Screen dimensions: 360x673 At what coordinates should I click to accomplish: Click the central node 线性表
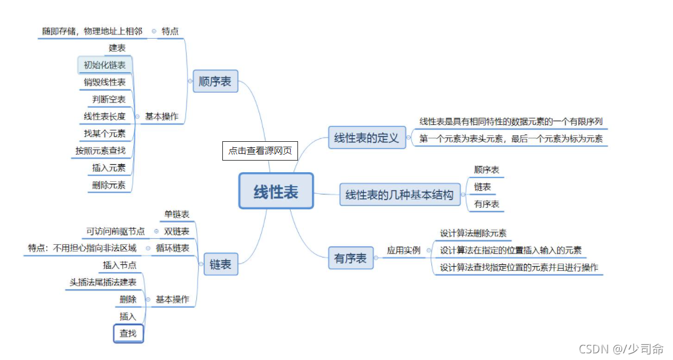(x=276, y=192)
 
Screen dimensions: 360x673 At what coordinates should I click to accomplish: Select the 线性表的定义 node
(x=366, y=138)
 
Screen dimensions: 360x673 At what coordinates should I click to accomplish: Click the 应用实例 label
(x=403, y=250)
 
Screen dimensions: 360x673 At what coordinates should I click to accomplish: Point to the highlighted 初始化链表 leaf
(x=105, y=65)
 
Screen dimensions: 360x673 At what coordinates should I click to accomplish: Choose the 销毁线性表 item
(x=105, y=82)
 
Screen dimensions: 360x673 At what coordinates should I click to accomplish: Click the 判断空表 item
(x=109, y=99)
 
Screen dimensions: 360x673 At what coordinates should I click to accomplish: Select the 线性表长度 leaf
(x=105, y=116)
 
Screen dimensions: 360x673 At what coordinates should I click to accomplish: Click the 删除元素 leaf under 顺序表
(x=109, y=185)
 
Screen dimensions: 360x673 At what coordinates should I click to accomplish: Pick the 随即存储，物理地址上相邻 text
(x=92, y=31)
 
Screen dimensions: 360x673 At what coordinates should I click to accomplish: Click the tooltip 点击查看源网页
(x=260, y=150)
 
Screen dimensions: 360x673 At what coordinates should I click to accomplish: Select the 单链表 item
(x=177, y=214)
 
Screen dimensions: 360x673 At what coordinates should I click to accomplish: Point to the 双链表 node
(x=177, y=231)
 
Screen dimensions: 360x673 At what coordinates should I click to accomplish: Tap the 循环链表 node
(x=173, y=248)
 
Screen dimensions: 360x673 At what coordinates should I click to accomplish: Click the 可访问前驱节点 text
(x=116, y=231)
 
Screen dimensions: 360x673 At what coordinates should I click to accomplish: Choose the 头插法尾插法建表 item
(x=103, y=282)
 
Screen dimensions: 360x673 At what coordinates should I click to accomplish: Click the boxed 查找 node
(x=128, y=333)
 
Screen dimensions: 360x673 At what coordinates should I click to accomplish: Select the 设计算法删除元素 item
(x=473, y=233)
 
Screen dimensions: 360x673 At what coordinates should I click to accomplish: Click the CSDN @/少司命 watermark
(x=621, y=349)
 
